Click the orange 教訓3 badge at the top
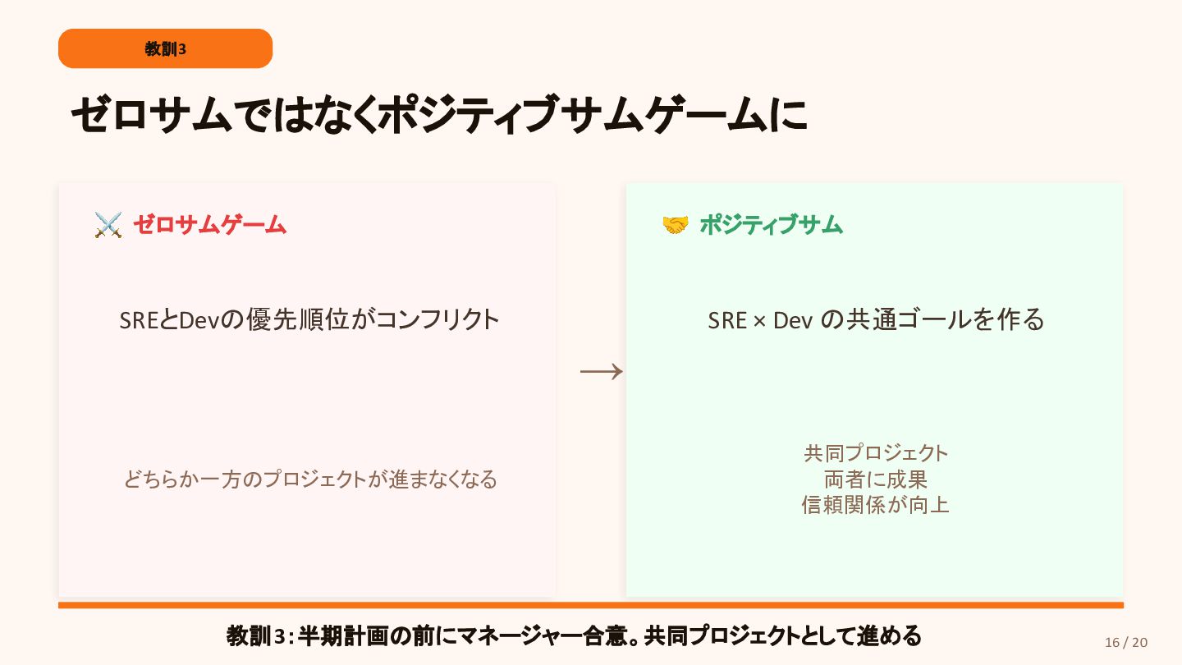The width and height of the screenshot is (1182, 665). pyautogui.click(x=165, y=48)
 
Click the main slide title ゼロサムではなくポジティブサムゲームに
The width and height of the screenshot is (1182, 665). pyautogui.click(x=438, y=115)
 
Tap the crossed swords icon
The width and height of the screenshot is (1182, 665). pyautogui.click(x=108, y=225)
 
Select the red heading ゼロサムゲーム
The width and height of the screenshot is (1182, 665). pyautogui.click(x=209, y=224)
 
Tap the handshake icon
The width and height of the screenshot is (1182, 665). pyautogui.click(x=675, y=225)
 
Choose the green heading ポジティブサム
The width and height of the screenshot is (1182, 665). pyautogui.click(x=771, y=224)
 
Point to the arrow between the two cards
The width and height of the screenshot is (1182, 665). pyautogui.click(x=601, y=373)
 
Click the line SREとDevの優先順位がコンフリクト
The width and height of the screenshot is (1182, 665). pyautogui.click(x=309, y=319)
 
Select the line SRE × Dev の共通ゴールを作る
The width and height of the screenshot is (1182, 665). pyautogui.click(x=876, y=319)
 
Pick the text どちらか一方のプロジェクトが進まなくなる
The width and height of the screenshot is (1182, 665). pyautogui.click(x=310, y=479)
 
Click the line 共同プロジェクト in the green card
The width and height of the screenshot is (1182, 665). pyautogui.click(x=876, y=452)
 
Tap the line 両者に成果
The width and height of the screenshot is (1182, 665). pyautogui.click(x=876, y=479)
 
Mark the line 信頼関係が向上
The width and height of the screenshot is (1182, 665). pyautogui.click(x=876, y=504)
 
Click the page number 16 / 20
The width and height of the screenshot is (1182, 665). pyautogui.click(x=1126, y=642)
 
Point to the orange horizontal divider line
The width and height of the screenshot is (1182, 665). pyautogui.click(x=591, y=605)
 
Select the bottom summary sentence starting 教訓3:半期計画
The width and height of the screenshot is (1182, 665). pyautogui.click(x=574, y=635)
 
